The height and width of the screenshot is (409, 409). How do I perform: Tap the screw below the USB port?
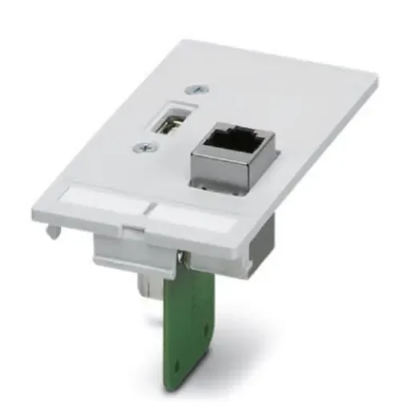coord(142,147)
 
